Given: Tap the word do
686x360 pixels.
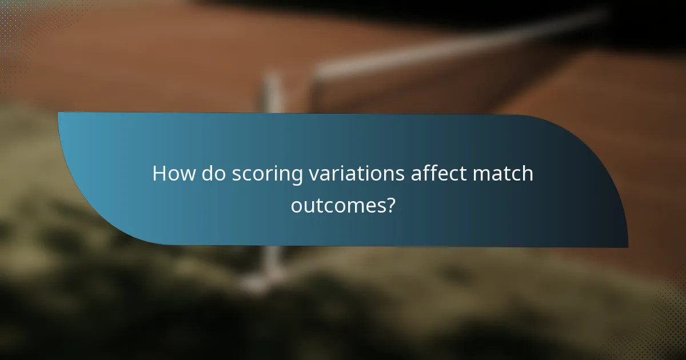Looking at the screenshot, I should (213, 174).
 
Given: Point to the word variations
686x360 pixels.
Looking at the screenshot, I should (356, 174).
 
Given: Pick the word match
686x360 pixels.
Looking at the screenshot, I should (504, 174).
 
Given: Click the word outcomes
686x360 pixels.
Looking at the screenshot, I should (336, 205).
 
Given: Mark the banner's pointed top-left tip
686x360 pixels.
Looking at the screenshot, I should (59, 113).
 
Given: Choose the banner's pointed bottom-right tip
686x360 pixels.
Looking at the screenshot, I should (627, 246).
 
